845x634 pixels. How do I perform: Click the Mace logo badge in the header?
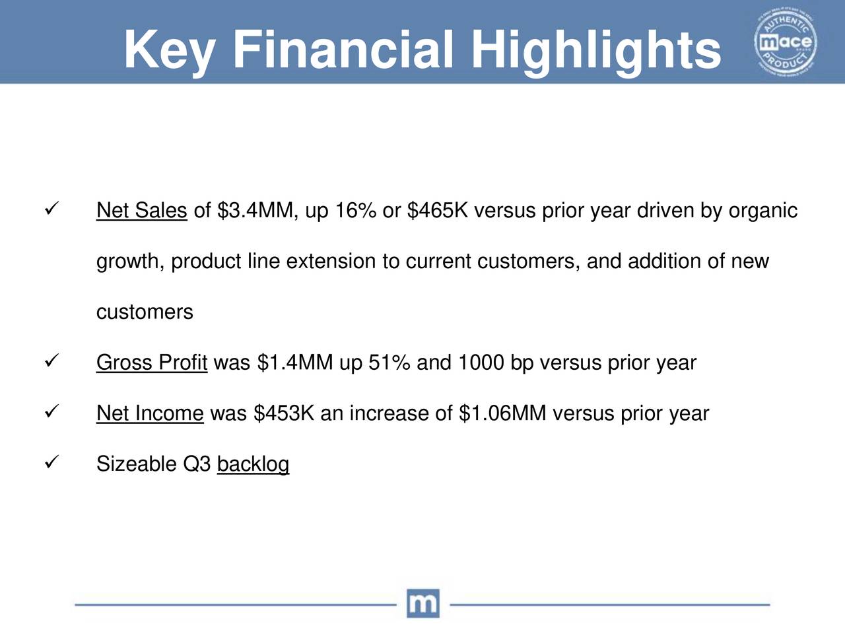pyautogui.click(x=786, y=43)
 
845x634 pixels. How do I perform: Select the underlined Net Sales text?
pyautogui.click(x=141, y=211)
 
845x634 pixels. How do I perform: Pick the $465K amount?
pyautogui.click(x=438, y=211)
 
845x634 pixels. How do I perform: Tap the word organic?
pyautogui.click(x=762, y=211)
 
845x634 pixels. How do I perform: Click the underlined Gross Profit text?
pyautogui.click(x=152, y=363)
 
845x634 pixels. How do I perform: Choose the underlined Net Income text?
pyautogui.click(x=150, y=413)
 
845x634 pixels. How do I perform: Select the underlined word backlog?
pyautogui.click(x=253, y=464)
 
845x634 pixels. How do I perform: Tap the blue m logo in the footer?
pyautogui.click(x=422, y=603)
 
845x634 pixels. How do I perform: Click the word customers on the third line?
pyautogui.click(x=145, y=312)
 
